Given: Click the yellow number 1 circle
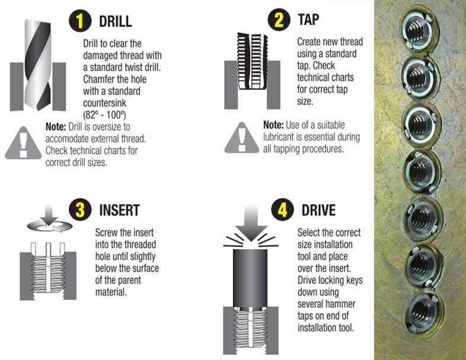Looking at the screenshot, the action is pyautogui.click(x=80, y=21).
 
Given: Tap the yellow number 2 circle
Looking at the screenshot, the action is pyautogui.click(x=279, y=20).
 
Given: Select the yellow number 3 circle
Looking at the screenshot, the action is pyautogui.click(x=80, y=209).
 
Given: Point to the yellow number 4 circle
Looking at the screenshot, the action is pyautogui.click(x=282, y=209).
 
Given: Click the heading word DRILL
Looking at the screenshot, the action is pyautogui.click(x=115, y=21).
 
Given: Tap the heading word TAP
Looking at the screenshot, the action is pyautogui.click(x=308, y=20).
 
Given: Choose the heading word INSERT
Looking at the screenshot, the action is pyautogui.click(x=120, y=210).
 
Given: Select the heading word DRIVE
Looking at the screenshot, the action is pyautogui.click(x=318, y=210).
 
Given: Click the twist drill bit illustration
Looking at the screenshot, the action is pyautogui.click(x=38, y=65).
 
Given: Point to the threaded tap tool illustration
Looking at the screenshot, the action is pyautogui.click(x=252, y=61).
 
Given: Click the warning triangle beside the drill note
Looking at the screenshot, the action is pyautogui.click(x=23, y=143).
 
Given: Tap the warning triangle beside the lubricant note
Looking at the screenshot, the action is pyautogui.click(x=242, y=138).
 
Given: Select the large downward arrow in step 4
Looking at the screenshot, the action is pyautogui.click(x=251, y=223).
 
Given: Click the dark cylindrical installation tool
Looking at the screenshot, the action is pyautogui.click(x=250, y=278).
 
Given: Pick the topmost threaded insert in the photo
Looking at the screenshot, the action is pyautogui.click(x=419, y=30).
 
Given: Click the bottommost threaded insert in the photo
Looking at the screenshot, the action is pyautogui.click(x=424, y=312).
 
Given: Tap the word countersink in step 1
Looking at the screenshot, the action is pyautogui.click(x=104, y=103).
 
